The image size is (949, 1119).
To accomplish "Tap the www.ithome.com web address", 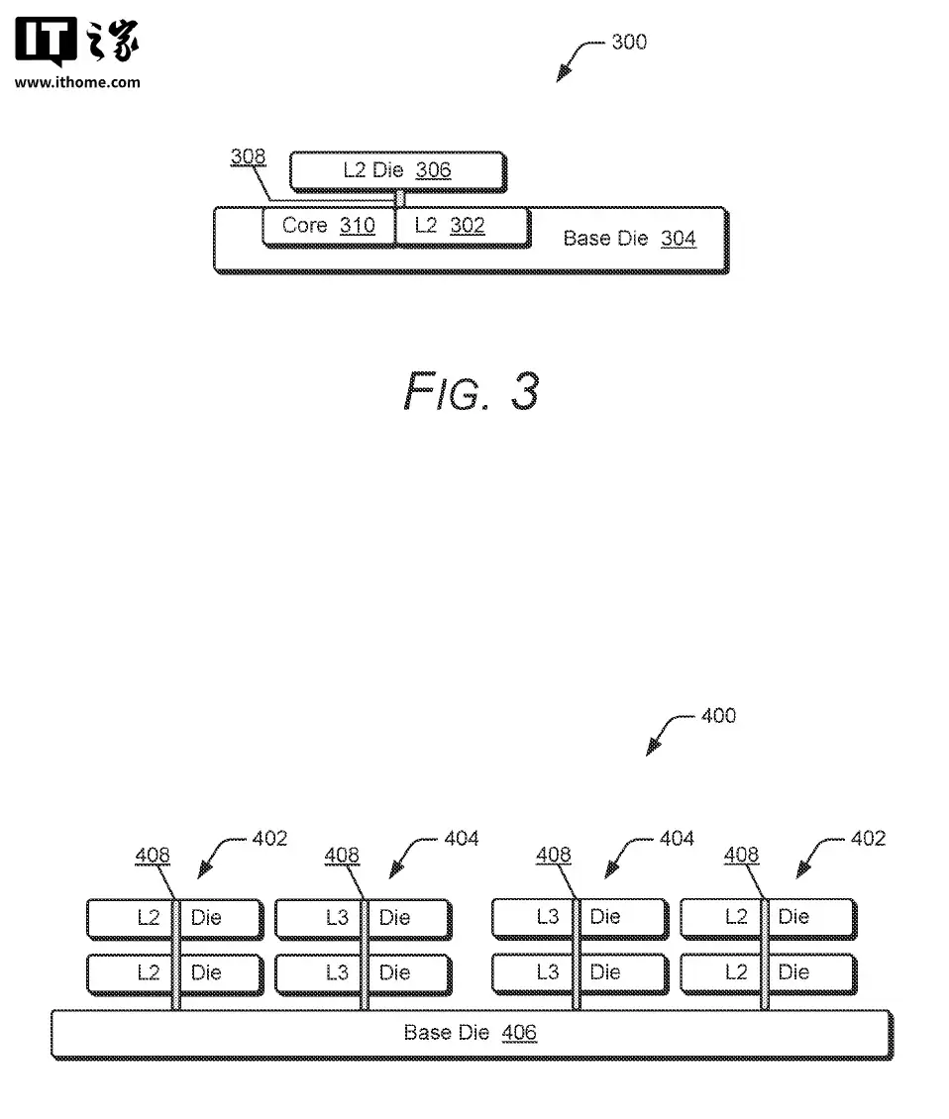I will click(x=77, y=82).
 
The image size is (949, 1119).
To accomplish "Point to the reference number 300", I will click(x=629, y=42).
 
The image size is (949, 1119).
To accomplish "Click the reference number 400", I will click(x=718, y=715).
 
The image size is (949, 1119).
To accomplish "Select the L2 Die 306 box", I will click(x=397, y=170).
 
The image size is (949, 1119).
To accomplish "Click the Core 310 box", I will click(x=328, y=226).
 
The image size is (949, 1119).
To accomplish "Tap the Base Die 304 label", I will click(x=629, y=239).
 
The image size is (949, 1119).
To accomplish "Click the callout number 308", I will click(x=248, y=156).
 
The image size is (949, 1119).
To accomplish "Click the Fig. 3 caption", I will click(x=472, y=391).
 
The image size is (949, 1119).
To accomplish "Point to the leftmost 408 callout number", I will click(x=153, y=856).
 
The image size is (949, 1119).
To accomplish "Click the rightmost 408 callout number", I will click(x=741, y=855).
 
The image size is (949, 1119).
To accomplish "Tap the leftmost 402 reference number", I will click(x=269, y=839).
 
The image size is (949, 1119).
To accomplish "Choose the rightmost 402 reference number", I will click(x=869, y=839).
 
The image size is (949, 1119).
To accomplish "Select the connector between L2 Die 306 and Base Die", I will click(x=400, y=199).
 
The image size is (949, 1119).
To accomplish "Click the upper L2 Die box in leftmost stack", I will click(x=174, y=918).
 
